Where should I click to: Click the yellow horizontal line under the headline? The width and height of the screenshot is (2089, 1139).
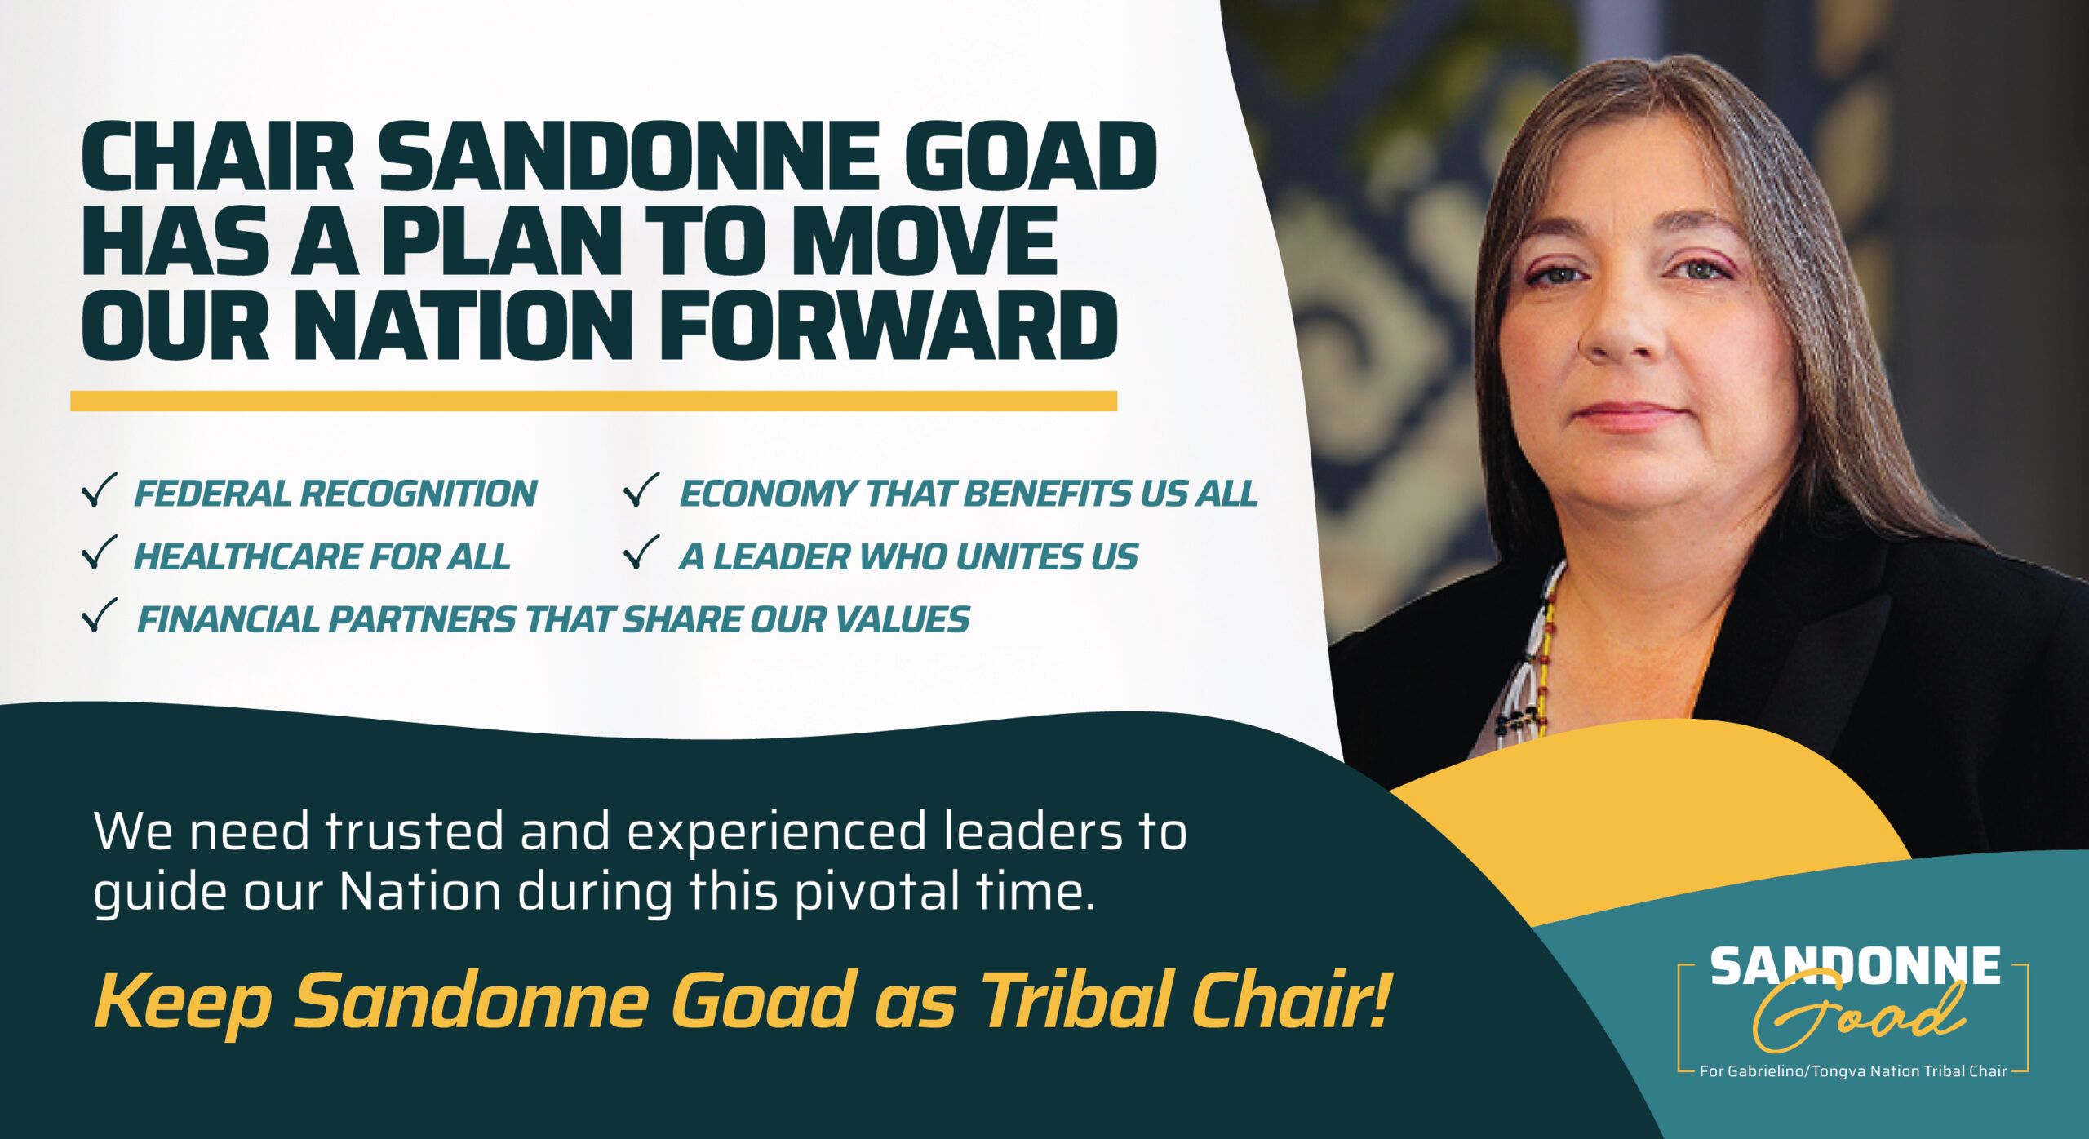(x=593, y=401)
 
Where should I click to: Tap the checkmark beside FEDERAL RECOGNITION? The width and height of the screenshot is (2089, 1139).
(x=100, y=490)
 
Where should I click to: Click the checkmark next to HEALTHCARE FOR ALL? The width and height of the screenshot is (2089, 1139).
(x=100, y=552)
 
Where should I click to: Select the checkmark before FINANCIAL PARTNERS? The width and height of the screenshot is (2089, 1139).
(x=100, y=615)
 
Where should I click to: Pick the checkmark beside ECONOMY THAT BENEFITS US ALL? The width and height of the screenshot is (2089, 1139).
(x=641, y=490)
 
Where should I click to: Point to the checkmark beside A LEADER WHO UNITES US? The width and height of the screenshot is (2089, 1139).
(x=641, y=552)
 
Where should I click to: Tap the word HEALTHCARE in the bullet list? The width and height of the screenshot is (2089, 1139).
(x=246, y=557)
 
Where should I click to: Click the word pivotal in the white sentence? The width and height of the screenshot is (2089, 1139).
(x=877, y=890)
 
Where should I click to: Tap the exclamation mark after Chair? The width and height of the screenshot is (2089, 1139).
(x=1377, y=999)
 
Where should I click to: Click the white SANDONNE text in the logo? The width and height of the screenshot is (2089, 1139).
(x=1855, y=966)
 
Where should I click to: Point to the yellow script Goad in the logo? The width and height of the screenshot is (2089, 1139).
(x=1858, y=1016)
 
